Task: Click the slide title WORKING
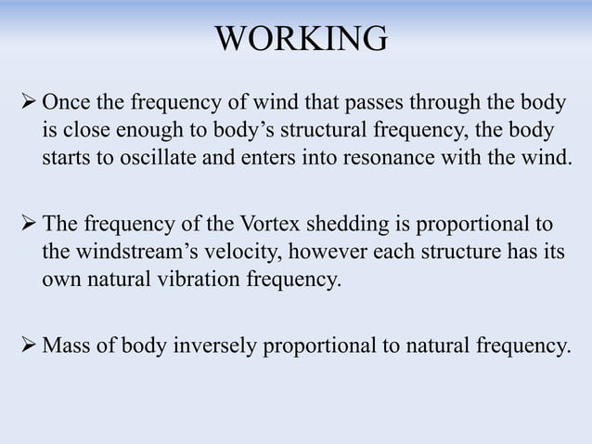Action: (301, 39)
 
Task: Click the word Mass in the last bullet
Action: (66, 348)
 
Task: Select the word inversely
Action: (221, 348)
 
